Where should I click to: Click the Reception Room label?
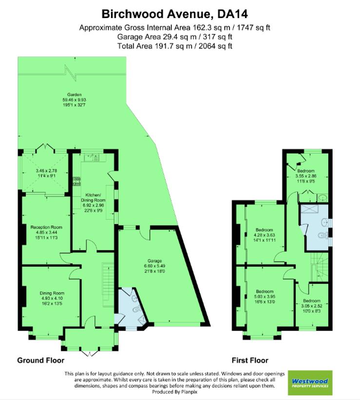46,228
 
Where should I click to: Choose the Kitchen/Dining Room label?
93,200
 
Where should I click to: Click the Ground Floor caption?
41,361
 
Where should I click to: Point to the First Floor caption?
250,361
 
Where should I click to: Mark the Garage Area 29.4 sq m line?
174,37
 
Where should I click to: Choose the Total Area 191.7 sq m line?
174,46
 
